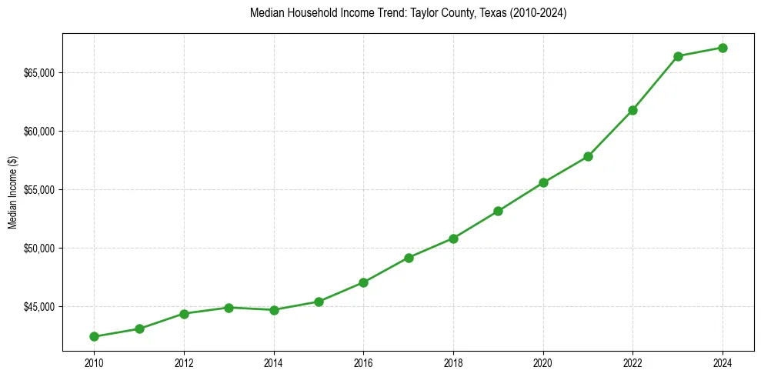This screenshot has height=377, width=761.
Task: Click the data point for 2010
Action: click(94, 336)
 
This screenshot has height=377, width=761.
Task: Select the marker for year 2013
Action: click(229, 308)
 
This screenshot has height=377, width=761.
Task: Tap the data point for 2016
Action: click(363, 282)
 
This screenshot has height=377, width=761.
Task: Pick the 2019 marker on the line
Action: click(498, 211)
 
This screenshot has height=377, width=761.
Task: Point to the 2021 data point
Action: click(588, 156)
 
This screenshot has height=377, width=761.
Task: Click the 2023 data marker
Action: click(678, 56)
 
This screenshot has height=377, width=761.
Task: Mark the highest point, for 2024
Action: click(723, 48)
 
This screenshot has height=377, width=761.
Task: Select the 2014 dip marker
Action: click(274, 310)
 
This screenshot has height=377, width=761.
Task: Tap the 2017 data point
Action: click(409, 258)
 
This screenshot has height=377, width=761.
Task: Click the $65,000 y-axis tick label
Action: click(39, 73)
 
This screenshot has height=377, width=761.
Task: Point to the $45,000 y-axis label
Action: click(39, 307)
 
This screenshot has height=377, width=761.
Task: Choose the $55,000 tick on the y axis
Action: click(39, 190)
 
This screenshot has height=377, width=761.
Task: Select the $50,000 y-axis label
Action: click(39, 249)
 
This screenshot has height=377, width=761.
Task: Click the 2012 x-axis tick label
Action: click(184, 362)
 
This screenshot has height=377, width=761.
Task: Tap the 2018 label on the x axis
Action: click(453, 362)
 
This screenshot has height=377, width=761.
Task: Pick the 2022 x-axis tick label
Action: click(632, 362)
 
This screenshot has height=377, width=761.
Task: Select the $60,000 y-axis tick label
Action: click(39, 132)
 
